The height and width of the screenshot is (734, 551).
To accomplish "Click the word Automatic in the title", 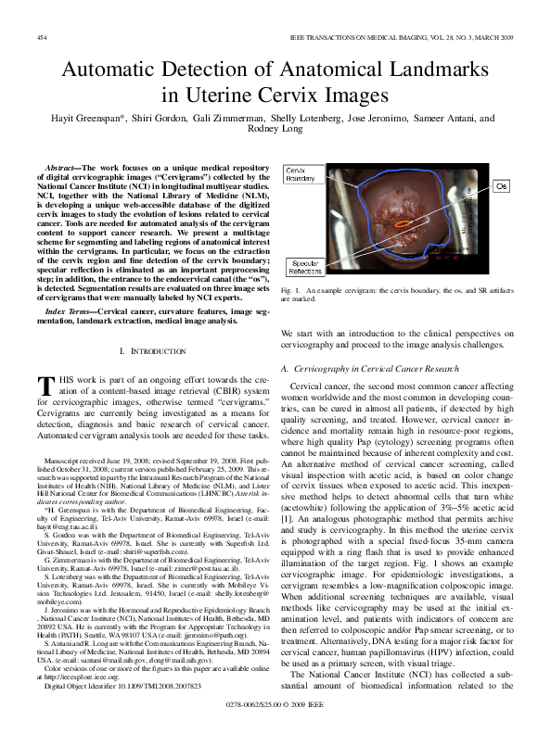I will tap(116, 70).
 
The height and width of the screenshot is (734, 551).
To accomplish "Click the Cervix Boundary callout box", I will tap(301, 175).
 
